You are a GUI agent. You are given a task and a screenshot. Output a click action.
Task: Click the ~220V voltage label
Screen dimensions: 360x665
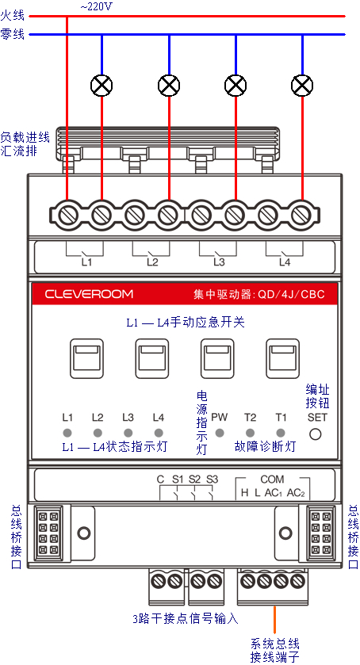(x=97, y=7)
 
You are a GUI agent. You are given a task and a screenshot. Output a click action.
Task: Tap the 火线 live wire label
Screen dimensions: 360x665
(x=13, y=16)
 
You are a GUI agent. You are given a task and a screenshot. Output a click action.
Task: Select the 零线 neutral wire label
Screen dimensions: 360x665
(x=13, y=34)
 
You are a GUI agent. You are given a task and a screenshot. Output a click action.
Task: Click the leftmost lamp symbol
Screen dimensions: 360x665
(x=101, y=86)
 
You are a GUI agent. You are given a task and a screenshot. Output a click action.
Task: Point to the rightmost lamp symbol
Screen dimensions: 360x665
(x=302, y=86)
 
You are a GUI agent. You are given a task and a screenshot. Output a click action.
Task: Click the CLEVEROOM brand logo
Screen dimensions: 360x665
(x=89, y=294)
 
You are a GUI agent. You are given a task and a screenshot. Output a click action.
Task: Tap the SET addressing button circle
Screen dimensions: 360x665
(x=315, y=434)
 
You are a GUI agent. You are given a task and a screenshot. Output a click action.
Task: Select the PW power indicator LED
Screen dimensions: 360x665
(x=220, y=433)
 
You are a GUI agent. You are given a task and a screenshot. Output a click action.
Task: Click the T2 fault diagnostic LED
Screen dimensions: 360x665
(x=250, y=433)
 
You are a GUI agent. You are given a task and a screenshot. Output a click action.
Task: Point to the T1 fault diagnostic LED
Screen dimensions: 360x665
(x=281, y=433)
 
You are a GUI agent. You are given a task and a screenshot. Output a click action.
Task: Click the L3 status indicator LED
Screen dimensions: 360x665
(x=128, y=433)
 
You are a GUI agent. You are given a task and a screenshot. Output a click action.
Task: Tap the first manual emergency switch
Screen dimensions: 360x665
(x=86, y=358)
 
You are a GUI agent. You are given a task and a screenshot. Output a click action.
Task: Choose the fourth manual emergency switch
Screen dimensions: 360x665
(x=283, y=358)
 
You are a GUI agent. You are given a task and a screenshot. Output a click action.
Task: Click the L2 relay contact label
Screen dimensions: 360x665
(x=152, y=262)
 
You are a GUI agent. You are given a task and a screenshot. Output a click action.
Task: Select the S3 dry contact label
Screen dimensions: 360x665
(x=212, y=480)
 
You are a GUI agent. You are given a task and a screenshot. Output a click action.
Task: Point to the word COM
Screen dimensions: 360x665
(x=272, y=480)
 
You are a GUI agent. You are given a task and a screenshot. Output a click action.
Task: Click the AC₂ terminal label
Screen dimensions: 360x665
(x=296, y=493)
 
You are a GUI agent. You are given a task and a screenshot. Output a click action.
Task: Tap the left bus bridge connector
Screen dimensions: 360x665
(x=48, y=533)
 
